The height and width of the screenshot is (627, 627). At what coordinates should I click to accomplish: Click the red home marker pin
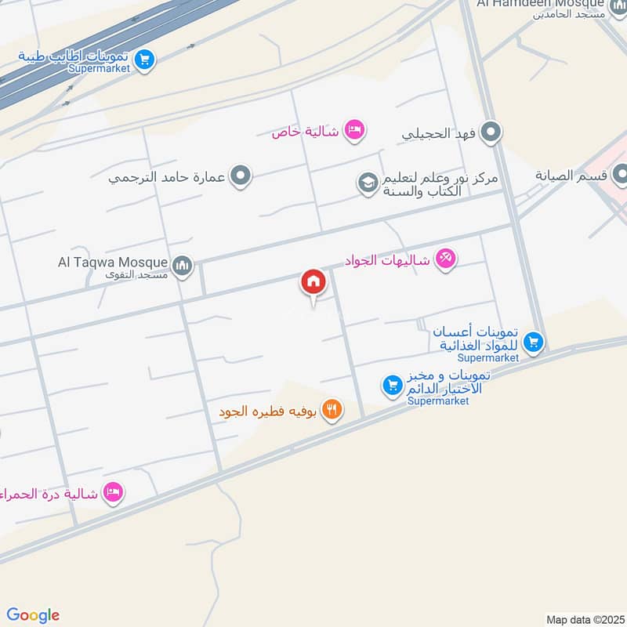click(x=313, y=282)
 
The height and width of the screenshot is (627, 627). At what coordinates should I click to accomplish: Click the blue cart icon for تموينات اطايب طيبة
click(x=143, y=59)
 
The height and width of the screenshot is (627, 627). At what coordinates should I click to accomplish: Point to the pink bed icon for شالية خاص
click(x=354, y=130)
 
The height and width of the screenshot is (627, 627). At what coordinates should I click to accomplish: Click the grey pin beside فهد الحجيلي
click(x=491, y=130)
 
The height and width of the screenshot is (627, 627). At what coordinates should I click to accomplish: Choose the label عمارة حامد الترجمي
click(x=167, y=177)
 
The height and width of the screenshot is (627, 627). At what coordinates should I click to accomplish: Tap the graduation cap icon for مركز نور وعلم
click(x=367, y=184)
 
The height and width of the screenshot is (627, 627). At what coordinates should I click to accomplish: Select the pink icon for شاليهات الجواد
click(x=445, y=258)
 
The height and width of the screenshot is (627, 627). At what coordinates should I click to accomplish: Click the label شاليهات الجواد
click(x=388, y=259)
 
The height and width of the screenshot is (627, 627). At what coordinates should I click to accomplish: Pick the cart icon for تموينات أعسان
click(x=534, y=341)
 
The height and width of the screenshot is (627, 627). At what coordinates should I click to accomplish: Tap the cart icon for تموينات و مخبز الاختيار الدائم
click(x=391, y=385)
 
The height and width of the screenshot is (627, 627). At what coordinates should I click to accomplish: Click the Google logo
click(x=32, y=615)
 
